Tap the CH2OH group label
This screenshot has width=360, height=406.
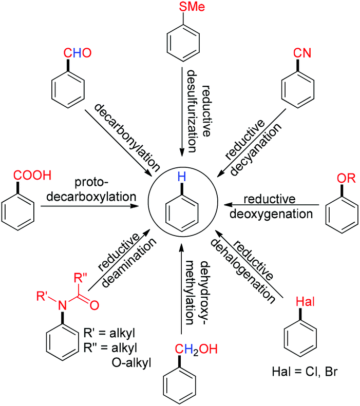[196, 350]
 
